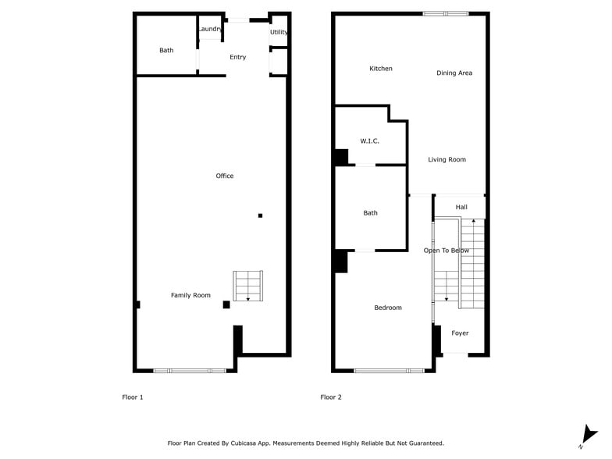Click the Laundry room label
point(210,29)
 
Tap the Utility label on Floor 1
point(279,32)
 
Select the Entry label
point(238,57)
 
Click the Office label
point(225,176)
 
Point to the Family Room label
point(191,295)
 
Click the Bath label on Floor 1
point(166,50)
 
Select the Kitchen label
point(381,69)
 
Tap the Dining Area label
point(454,73)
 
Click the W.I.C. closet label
point(370,141)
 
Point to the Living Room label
point(447,159)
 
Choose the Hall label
point(461,207)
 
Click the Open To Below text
point(447,251)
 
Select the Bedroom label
point(388,308)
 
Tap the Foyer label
point(461,333)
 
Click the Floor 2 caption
point(331,397)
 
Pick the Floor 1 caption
point(133,397)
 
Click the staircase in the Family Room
point(248,286)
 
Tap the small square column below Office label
point(261,215)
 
